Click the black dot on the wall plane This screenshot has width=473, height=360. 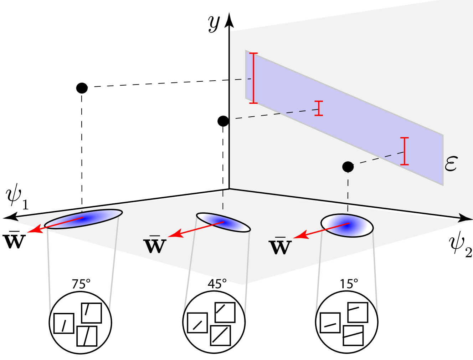[348, 167]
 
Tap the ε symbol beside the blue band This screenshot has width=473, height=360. [451, 164]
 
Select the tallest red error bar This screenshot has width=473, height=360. [253, 78]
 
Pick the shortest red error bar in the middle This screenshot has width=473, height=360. [319, 108]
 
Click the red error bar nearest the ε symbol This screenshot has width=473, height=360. [405, 151]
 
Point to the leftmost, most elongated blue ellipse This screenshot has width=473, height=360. [83, 218]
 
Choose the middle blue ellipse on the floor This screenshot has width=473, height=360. [223, 222]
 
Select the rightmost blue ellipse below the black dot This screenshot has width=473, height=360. [347, 225]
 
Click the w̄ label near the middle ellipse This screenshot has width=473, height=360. [155, 245]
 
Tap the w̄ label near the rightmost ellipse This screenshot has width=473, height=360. [280, 247]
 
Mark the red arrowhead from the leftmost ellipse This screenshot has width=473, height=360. [33, 230]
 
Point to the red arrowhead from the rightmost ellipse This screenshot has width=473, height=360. [299, 236]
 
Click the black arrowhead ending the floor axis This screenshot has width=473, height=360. [464, 218]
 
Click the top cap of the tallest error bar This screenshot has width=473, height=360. [253, 54]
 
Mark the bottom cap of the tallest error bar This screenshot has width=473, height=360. [253, 103]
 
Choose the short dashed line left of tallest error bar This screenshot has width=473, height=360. [243, 79]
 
